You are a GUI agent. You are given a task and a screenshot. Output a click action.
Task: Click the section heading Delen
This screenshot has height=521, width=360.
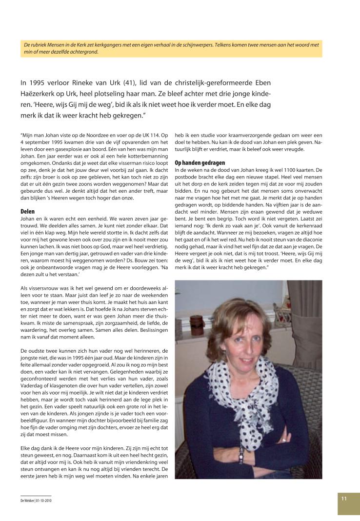tap(27, 211)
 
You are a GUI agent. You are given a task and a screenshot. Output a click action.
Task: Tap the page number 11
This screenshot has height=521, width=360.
tap(344, 498)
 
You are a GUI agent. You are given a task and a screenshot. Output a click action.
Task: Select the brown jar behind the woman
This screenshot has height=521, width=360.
tap(197, 324)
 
